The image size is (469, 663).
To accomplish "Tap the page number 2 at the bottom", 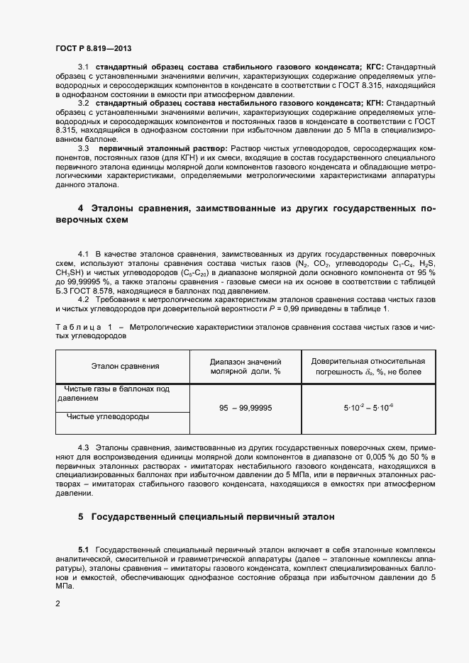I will [57, 603].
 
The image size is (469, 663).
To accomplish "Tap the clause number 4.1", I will [83, 253].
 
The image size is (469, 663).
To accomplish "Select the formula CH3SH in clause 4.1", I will [69, 272].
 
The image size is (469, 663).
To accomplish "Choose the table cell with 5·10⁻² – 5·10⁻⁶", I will [368, 408].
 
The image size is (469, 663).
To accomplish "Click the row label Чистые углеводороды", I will [108, 417].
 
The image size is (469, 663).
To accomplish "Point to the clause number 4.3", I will [83, 449].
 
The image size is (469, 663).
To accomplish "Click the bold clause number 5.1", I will [84, 550].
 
